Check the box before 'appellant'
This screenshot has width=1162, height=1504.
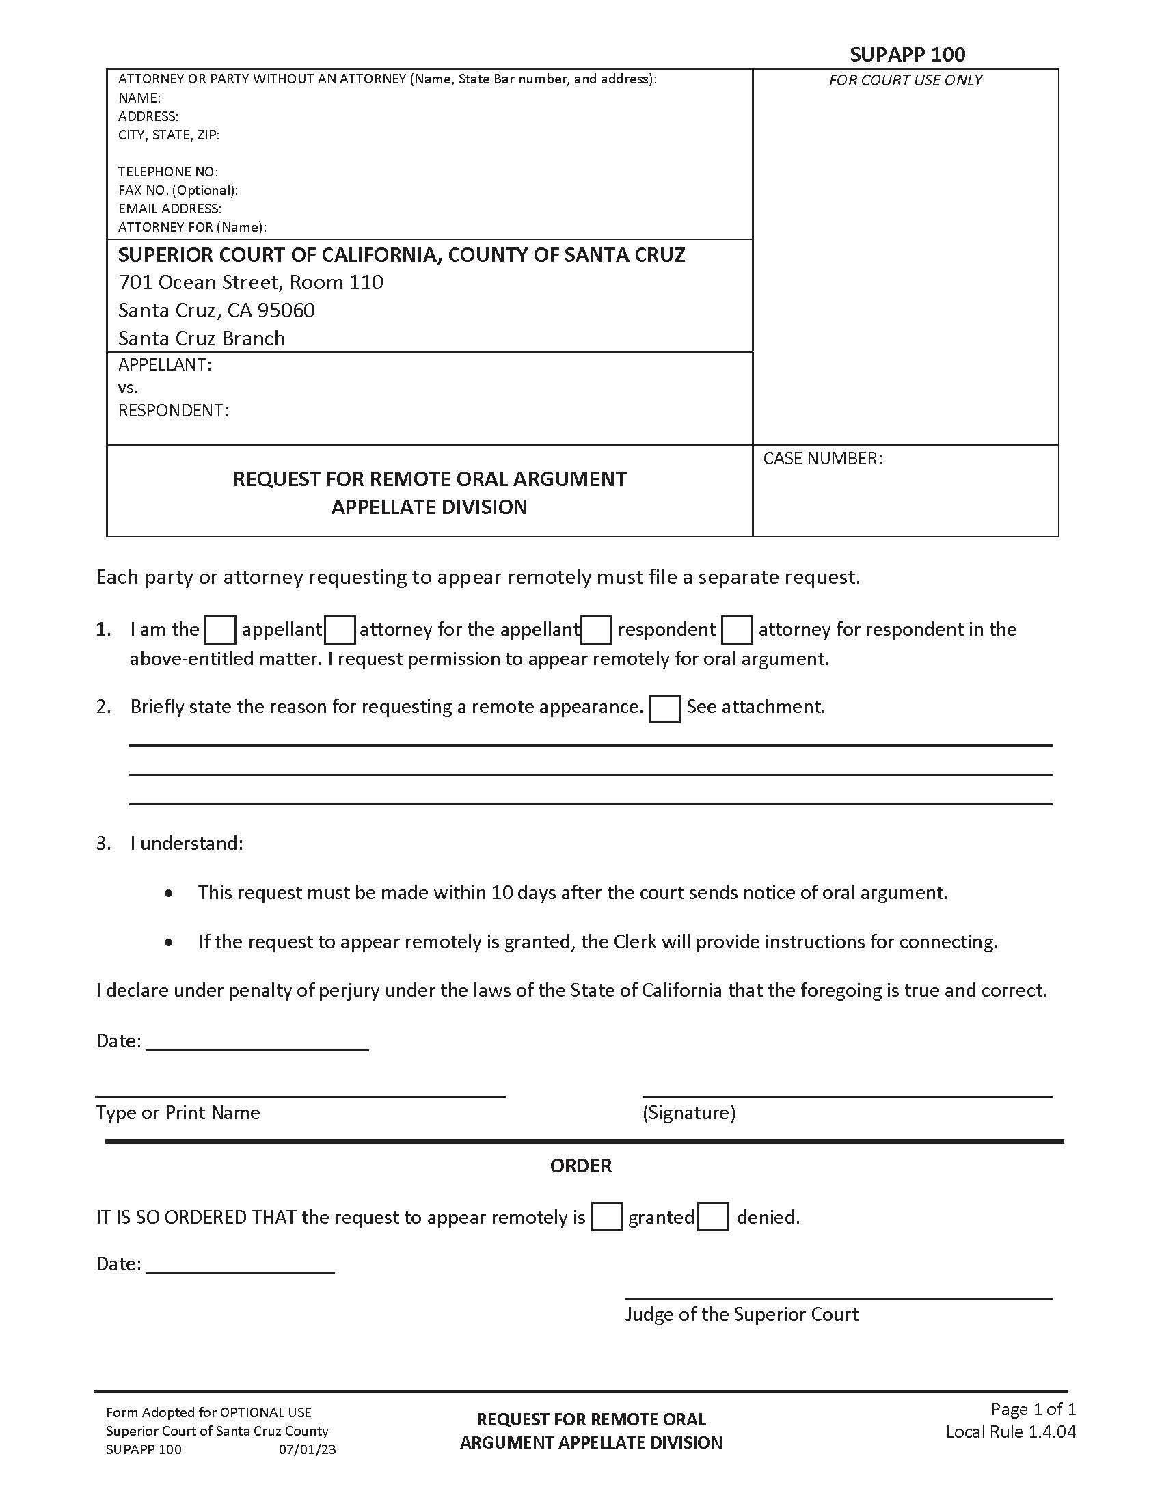221,630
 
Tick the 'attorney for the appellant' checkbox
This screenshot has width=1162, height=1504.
340,630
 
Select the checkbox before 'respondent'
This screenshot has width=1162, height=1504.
596,630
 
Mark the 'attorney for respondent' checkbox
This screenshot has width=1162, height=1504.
737,630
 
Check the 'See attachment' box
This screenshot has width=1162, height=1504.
664,709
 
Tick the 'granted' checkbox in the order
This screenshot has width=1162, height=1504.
607,1217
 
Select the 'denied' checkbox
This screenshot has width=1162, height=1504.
713,1217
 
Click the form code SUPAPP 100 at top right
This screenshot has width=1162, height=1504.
906,55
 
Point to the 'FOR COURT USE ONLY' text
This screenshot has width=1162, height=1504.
905,81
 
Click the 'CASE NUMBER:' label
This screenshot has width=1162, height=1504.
822,459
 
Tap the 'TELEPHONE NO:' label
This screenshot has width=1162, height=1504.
168,172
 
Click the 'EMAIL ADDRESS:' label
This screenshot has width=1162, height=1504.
170,209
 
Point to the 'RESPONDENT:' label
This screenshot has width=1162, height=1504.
174,411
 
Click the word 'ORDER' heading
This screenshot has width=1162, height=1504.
580,1166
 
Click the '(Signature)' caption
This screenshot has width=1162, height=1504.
688,1113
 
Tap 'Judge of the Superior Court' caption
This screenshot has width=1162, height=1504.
742,1315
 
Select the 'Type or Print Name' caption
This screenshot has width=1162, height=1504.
178,1113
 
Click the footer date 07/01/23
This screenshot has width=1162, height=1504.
307,1449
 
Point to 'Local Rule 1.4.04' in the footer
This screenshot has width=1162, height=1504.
1010,1432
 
